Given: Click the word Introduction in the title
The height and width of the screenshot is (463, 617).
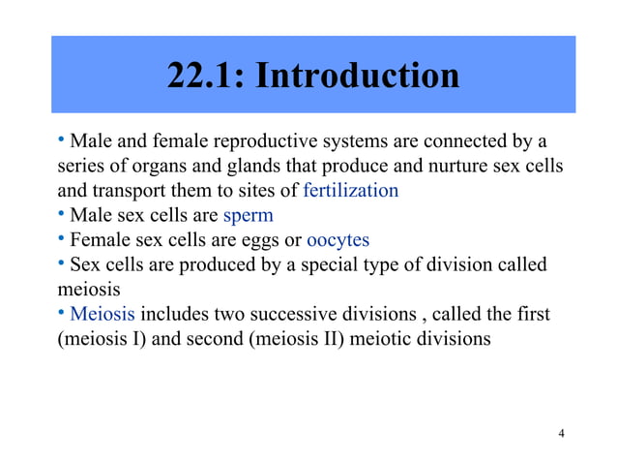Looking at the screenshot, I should pos(357,75).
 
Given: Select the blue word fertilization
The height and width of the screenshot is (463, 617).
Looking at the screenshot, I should pos(350,190).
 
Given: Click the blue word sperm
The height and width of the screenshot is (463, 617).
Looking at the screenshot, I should pos(249,215).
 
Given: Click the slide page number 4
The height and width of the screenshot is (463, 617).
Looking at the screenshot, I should pos(562,432).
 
